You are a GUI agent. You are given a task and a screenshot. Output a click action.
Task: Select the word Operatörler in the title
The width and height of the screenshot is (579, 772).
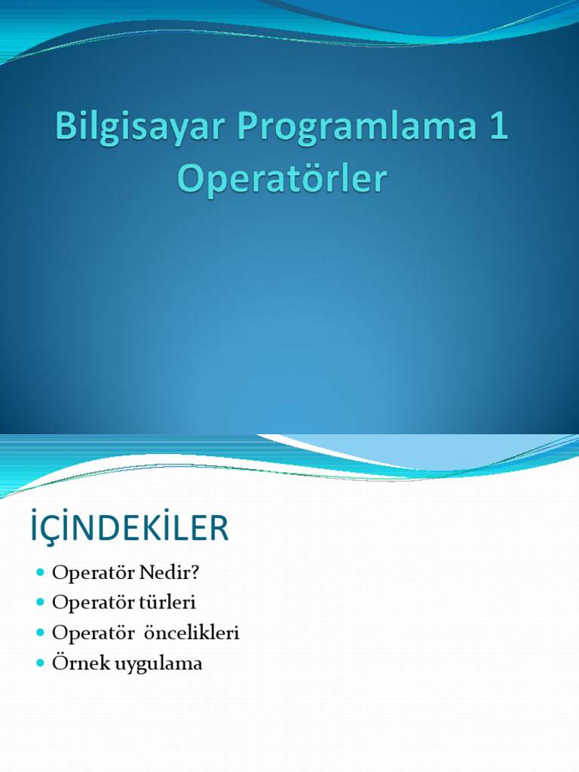click(x=282, y=179)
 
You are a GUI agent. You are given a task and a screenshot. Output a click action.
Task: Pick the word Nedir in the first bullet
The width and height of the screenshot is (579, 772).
click(x=173, y=573)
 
